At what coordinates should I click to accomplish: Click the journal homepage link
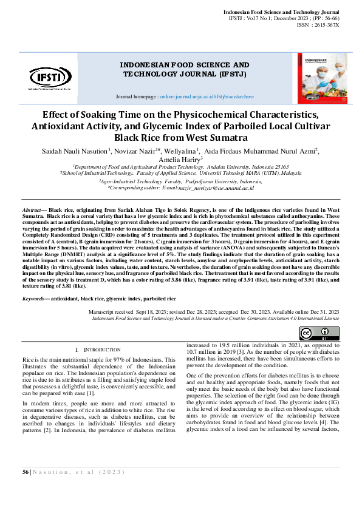[x=207, y=96]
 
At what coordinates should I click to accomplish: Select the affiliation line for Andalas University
[x=181, y=166]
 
